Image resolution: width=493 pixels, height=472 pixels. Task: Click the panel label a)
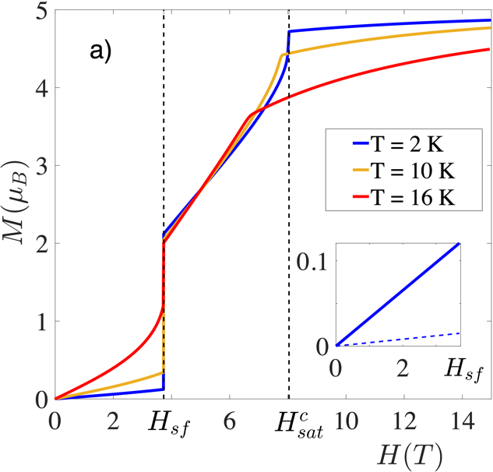[101, 51]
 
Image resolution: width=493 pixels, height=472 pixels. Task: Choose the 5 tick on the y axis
[40, 12]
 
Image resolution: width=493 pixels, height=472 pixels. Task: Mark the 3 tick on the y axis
[40, 166]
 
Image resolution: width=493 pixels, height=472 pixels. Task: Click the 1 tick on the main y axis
[40, 321]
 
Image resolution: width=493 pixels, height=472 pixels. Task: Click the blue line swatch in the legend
[345, 146]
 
